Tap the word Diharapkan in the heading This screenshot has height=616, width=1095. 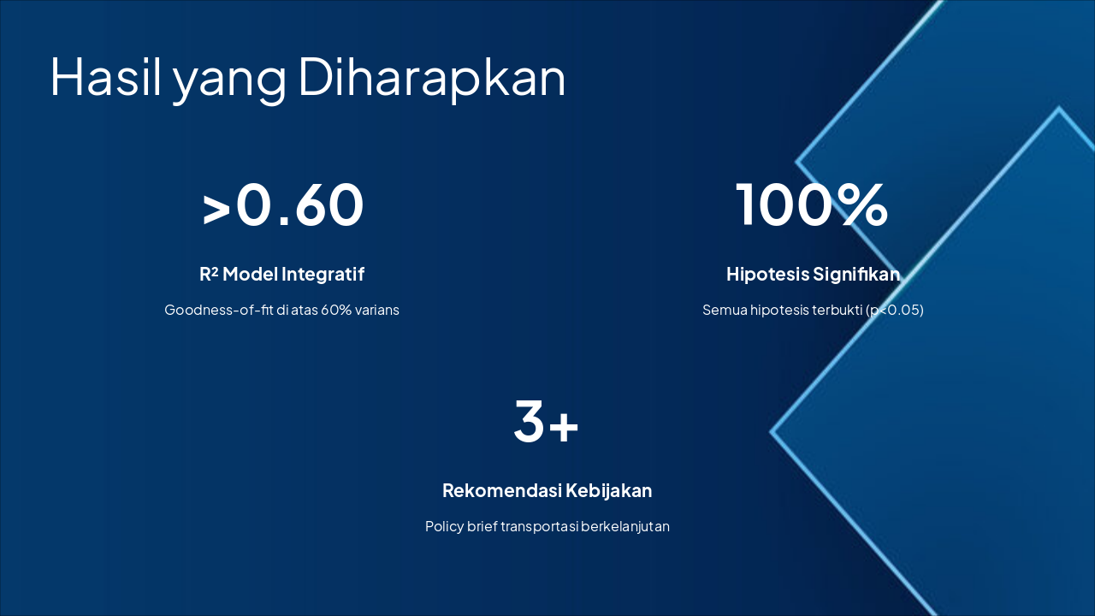[431, 77]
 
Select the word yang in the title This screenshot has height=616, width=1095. [229, 80]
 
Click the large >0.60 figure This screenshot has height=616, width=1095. [282, 204]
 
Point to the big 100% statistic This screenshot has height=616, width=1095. [812, 204]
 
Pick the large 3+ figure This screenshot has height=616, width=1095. [547, 421]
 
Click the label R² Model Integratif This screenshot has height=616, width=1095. [281, 274]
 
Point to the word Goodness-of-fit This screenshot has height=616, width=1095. [218, 310]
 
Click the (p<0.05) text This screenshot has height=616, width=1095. [895, 310]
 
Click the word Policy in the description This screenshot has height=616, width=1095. [444, 526]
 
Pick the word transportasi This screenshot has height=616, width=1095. [540, 526]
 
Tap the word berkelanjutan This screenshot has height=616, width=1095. [625, 526]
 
